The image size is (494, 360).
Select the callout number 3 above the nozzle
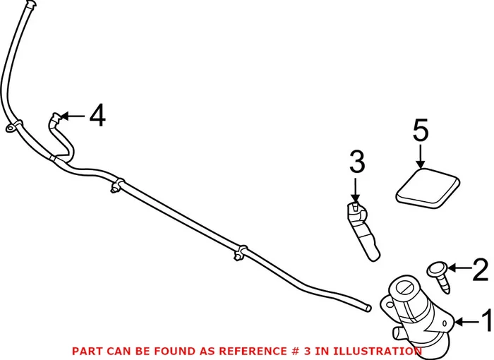coord(357,163)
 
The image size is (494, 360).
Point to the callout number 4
coord(97,115)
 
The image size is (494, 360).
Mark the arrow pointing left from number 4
coord(73,115)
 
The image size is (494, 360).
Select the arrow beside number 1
coord(466,323)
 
